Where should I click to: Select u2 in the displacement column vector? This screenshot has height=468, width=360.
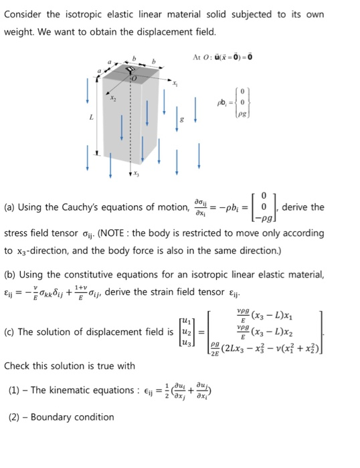tap(191, 332)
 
